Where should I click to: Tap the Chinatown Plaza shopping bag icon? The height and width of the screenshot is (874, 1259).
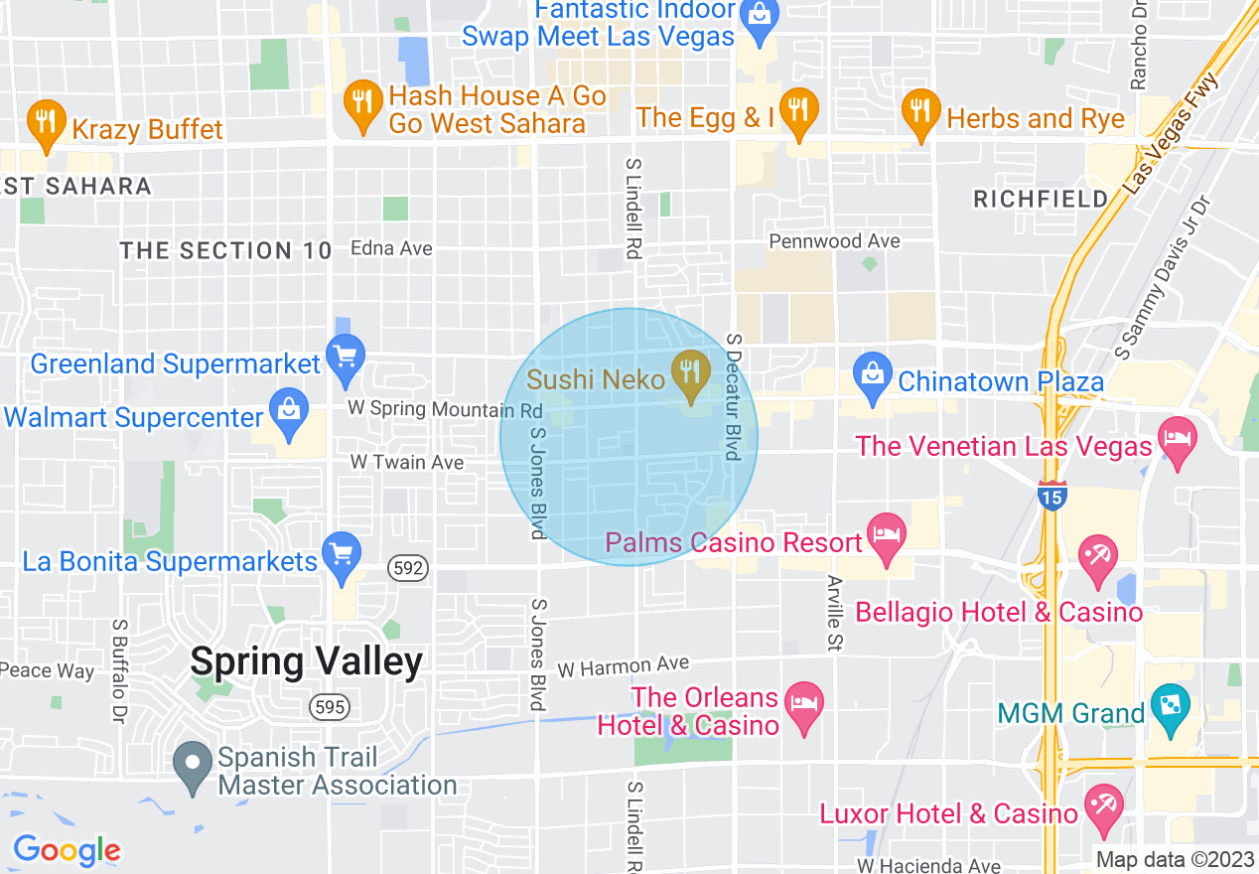coord(872,376)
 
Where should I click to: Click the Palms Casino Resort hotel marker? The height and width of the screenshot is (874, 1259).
coord(886,538)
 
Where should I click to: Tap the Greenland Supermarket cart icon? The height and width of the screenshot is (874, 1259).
coord(346,359)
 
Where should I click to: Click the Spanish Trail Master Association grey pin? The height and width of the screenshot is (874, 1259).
coord(192,765)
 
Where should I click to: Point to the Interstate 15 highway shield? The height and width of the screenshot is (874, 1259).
coord(1051,495)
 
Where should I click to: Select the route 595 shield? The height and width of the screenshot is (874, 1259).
coord(328,707)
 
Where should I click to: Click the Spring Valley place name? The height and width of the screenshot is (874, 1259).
coord(306,661)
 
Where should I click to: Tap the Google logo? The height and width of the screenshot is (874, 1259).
coord(67,850)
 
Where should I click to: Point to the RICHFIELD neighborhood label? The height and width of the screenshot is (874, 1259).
coord(1041,199)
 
